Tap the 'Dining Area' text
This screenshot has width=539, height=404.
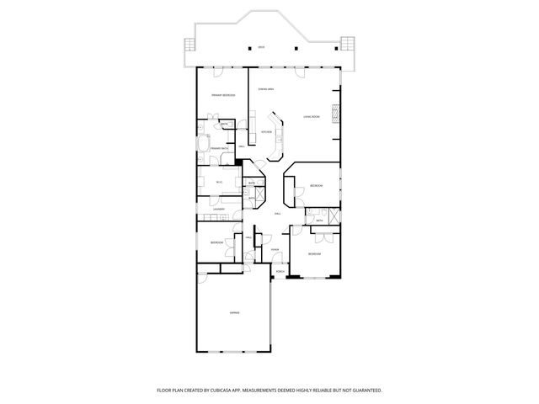click(x=265, y=88)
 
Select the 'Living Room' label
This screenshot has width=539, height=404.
click(x=312, y=117)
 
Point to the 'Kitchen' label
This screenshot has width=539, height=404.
click(x=266, y=132)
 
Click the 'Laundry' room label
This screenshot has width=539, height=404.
click(x=218, y=210)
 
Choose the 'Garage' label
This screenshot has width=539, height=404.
click(x=234, y=312)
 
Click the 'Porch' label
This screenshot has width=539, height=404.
click(x=280, y=271)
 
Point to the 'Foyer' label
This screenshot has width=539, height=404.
click(x=275, y=250)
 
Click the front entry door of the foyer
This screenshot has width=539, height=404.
click(x=279, y=263)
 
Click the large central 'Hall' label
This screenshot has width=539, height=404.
click(x=278, y=214)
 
